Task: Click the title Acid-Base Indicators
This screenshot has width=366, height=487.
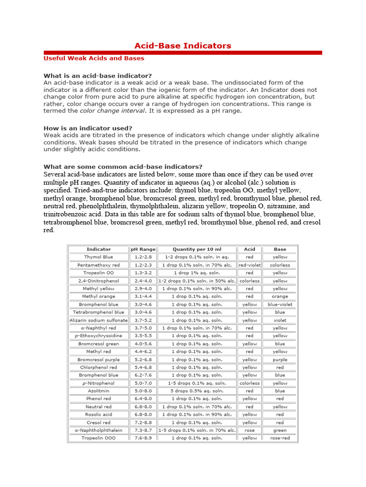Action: coord(183,46)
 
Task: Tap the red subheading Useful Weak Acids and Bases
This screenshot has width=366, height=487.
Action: coord(93,58)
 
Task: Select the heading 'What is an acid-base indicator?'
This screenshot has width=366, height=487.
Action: coord(98,76)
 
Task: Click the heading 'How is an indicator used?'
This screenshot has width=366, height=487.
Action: coord(88,128)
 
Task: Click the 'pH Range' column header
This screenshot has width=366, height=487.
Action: coord(143,249)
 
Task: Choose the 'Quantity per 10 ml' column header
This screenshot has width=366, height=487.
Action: coord(197,249)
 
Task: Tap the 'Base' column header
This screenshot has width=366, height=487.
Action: coord(280,249)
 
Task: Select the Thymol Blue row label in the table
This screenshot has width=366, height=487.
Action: coord(99,257)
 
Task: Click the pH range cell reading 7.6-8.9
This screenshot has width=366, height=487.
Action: coord(143,438)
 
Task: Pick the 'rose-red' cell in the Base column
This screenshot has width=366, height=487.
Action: coord(280,438)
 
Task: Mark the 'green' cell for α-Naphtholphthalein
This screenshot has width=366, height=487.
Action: coord(280,430)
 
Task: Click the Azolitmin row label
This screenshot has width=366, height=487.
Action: coord(99,391)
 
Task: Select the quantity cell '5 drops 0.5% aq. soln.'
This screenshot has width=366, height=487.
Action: coord(197,391)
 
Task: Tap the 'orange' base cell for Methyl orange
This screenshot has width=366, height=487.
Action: coord(280,296)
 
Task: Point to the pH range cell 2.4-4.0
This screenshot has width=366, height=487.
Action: coord(143,281)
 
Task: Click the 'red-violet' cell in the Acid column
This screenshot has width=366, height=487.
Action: coord(249,265)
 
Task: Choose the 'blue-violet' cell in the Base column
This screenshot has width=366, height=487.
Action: coord(280,304)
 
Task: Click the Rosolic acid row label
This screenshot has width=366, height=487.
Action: coord(99,414)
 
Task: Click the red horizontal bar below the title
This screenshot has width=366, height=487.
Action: coord(183,53)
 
